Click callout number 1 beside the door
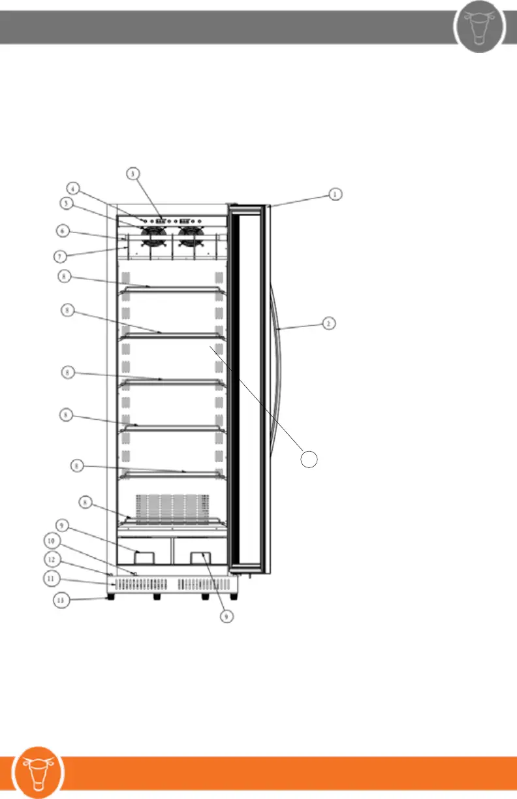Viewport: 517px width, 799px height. pos(334,194)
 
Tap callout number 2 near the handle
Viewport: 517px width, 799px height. pos(330,322)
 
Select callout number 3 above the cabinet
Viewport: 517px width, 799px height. pos(133,174)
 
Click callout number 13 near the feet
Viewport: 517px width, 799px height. pos(60,601)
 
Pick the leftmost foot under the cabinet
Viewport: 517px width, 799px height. pos(113,596)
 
